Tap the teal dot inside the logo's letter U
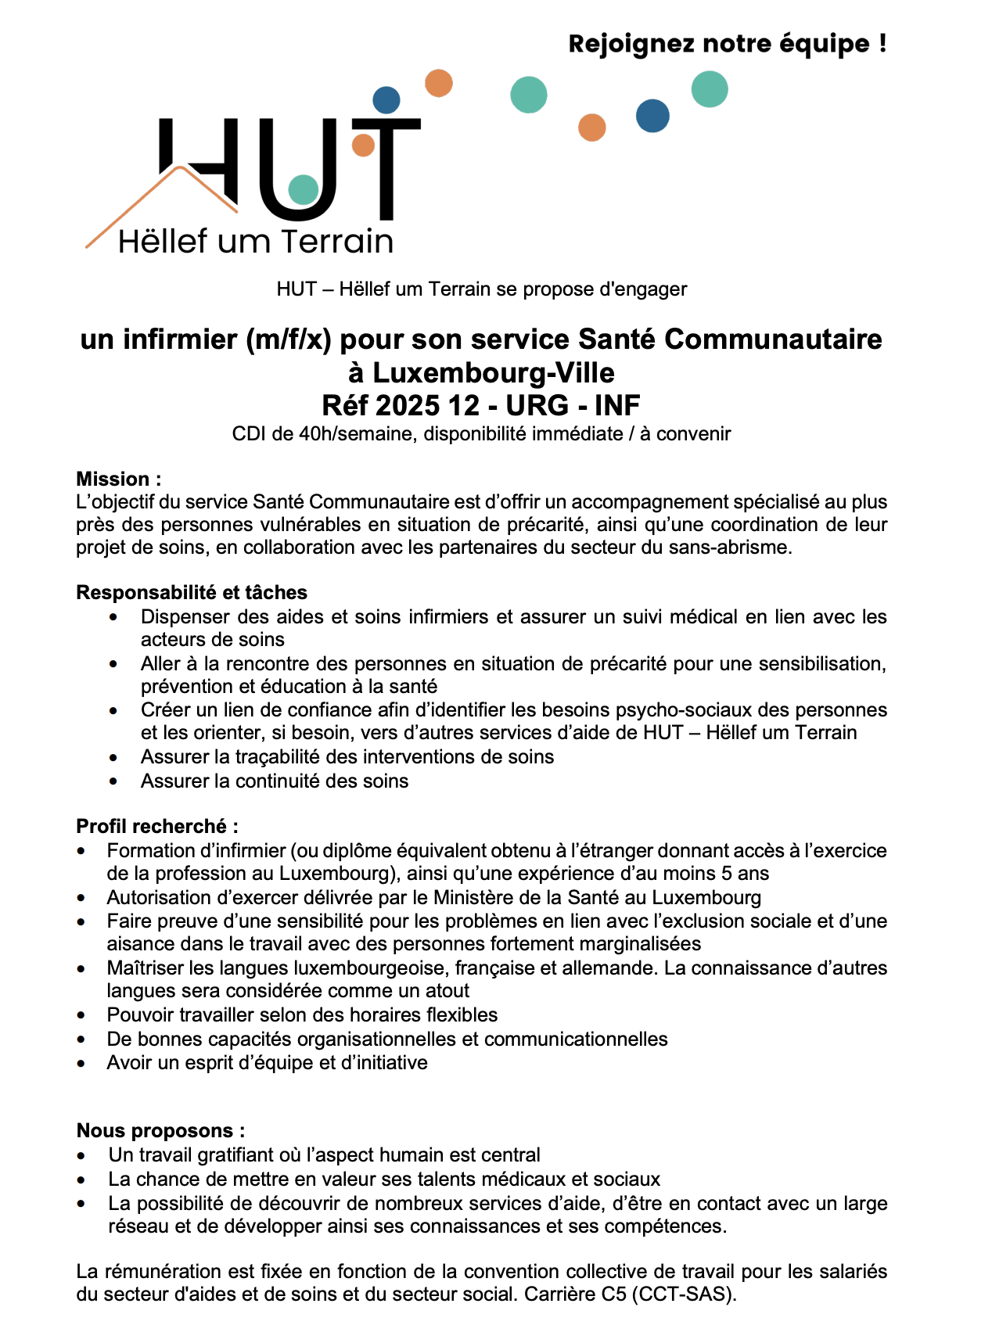pos(304,189)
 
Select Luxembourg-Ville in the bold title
pos(493,372)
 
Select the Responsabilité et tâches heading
pos(192,592)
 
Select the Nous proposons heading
pos(160,1130)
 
